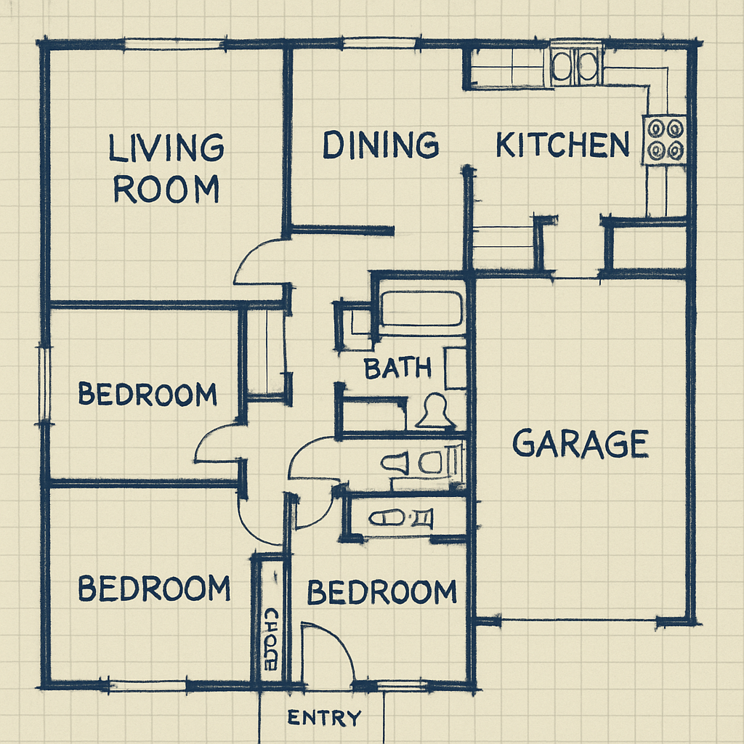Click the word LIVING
click(166, 148)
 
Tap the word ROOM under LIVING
click(166, 190)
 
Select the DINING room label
click(381, 145)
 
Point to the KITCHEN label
click(562, 145)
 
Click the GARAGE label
click(580, 444)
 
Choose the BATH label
click(397, 368)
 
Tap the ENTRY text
click(324, 719)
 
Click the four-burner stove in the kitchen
click(666, 139)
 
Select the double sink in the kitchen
click(575, 67)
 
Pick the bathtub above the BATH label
click(421, 309)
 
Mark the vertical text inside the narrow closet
click(270, 639)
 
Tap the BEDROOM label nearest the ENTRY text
click(381, 593)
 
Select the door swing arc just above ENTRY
click(328, 650)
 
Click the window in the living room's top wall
click(173, 45)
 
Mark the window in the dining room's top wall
click(373, 44)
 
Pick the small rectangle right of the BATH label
click(456, 368)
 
